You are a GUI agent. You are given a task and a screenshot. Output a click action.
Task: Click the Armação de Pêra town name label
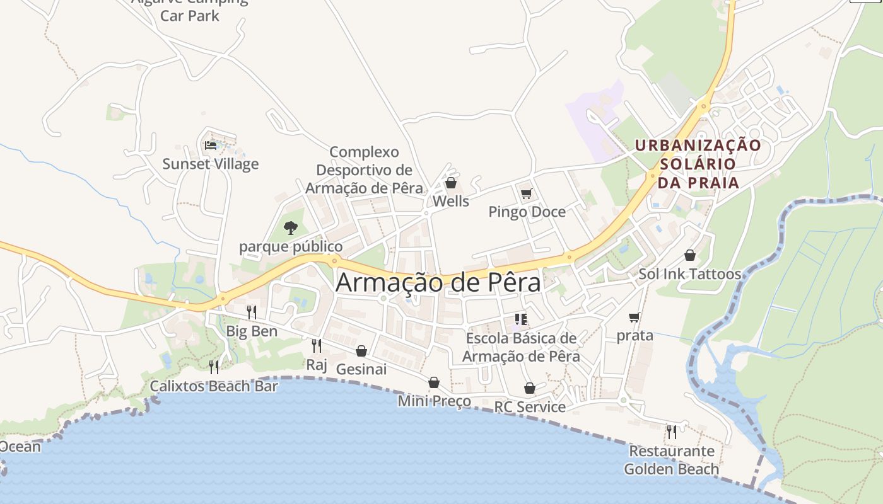click(438, 282)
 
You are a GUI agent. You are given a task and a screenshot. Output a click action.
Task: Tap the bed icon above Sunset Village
click(211, 146)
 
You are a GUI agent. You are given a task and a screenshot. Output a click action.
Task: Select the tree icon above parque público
click(290, 227)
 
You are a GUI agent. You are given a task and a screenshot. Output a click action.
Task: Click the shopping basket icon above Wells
click(450, 183)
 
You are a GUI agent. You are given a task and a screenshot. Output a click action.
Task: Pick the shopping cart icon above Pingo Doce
click(526, 193)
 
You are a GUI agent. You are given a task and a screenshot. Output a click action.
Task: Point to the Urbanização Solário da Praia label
click(698, 164)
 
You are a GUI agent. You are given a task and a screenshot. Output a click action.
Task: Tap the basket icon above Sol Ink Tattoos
click(689, 255)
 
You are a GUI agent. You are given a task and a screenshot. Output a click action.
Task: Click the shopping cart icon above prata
click(634, 317)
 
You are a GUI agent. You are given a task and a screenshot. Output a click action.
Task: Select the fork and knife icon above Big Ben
click(251, 312)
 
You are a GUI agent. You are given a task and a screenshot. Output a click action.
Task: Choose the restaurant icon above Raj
click(316, 345)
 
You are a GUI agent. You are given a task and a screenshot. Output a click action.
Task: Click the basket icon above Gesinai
click(361, 350)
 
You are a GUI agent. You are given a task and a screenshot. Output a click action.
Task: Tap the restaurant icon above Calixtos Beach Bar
click(214, 367)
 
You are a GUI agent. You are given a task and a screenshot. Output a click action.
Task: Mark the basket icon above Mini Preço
click(433, 382)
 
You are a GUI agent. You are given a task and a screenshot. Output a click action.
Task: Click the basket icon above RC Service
click(529, 388)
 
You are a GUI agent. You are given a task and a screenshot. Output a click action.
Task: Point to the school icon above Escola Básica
click(520, 319)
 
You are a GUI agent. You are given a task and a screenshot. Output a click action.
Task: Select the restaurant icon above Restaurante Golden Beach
click(671, 432)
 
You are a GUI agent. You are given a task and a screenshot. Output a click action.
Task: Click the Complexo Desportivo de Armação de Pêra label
click(364, 170)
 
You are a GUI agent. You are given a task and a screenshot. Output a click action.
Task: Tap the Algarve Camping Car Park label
click(189, 9)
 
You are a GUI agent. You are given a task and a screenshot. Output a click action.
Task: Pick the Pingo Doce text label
click(527, 212)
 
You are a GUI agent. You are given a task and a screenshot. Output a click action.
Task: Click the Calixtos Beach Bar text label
click(213, 386)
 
